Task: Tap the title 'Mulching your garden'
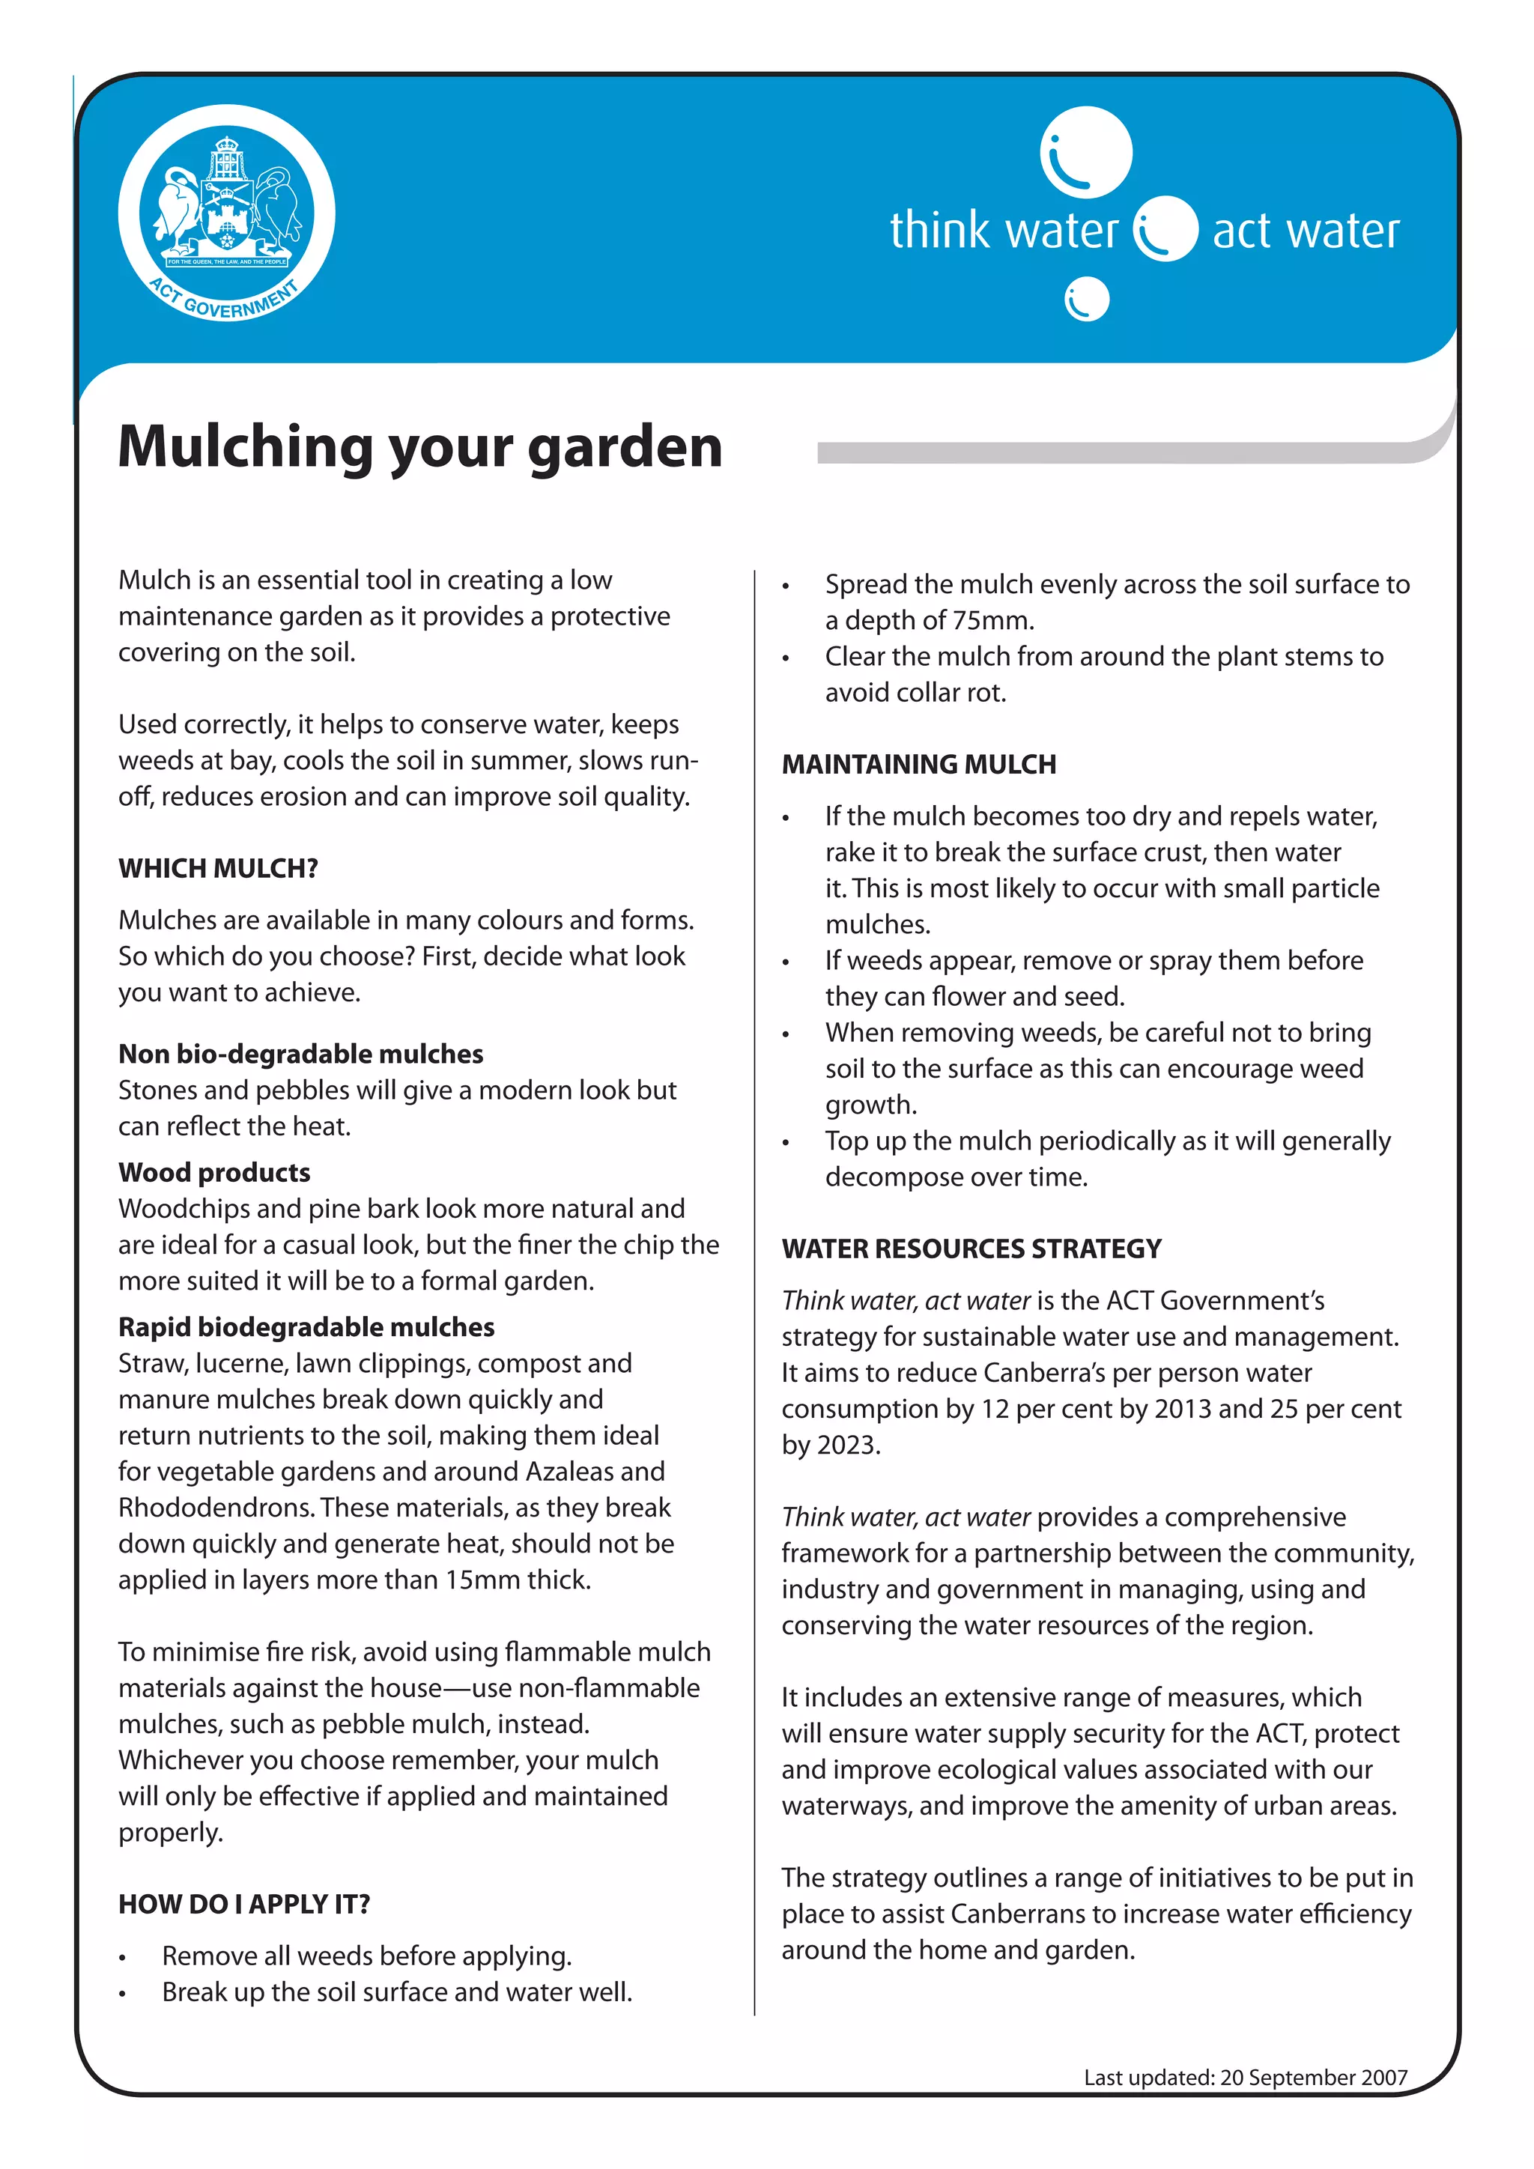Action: pos(420,447)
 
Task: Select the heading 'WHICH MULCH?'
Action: pos(218,868)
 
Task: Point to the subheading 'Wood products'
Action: pos(214,1172)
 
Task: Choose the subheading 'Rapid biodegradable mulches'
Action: pos(306,1327)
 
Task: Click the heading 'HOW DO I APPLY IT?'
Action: pos(243,1904)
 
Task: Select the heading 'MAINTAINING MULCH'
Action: pos(918,764)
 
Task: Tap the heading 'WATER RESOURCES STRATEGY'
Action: pos(971,1249)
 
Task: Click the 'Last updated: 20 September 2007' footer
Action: pos(1245,2078)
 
